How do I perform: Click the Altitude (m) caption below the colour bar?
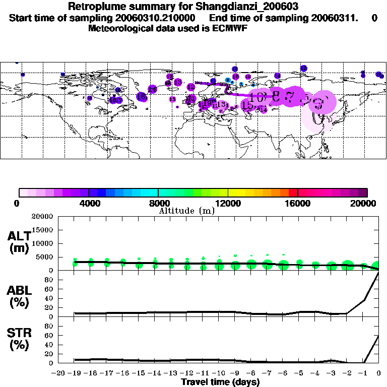click(x=186, y=211)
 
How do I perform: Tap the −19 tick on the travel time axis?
click(x=75, y=373)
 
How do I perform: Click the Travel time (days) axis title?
click(x=220, y=382)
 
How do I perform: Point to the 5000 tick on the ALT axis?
click(x=44, y=257)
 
